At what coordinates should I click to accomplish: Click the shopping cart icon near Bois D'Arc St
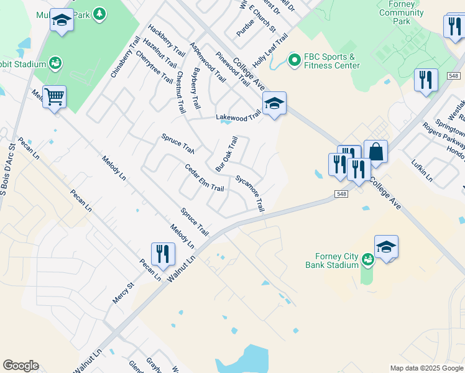click(55, 96)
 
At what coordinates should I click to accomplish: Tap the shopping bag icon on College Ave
click(375, 151)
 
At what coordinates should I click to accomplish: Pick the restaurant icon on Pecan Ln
click(162, 254)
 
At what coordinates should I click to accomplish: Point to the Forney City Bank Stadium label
click(332, 260)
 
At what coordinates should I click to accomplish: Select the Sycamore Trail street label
click(250, 193)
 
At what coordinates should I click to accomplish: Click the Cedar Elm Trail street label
click(205, 178)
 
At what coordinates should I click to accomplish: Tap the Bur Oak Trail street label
click(227, 155)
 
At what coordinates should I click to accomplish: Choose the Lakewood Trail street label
click(238, 116)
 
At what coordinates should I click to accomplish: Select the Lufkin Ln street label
click(421, 170)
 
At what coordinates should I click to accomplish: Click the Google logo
click(21, 366)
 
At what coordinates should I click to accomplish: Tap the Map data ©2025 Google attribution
click(426, 368)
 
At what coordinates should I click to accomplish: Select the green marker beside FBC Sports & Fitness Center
click(293, 61)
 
